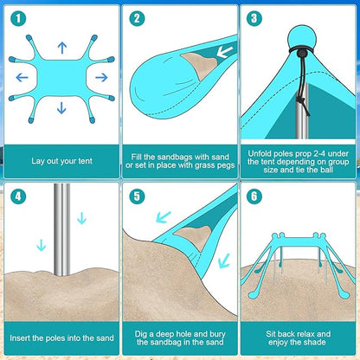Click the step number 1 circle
[x=18, y=18]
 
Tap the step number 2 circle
[x=137, y=18]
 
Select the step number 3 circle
[x=254, y=18]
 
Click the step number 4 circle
[x=18, y=196]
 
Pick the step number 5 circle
[x=137, y=196]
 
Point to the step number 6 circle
[x=254, y=196]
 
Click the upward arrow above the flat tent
[x=62, y=48]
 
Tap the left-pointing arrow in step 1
[x=22, y=77]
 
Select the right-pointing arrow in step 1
[x=101, y=77]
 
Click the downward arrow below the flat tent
[x=61, y=108]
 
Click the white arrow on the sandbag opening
[x=224, y=52]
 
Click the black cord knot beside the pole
[x=301, y=101]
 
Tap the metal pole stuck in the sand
[x=62, y=230]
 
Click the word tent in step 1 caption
[x=85, y=161]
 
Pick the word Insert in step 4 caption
[x=20, y=337]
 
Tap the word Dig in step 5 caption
[x=141, y=334]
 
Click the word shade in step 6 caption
[x=315, y=343]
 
